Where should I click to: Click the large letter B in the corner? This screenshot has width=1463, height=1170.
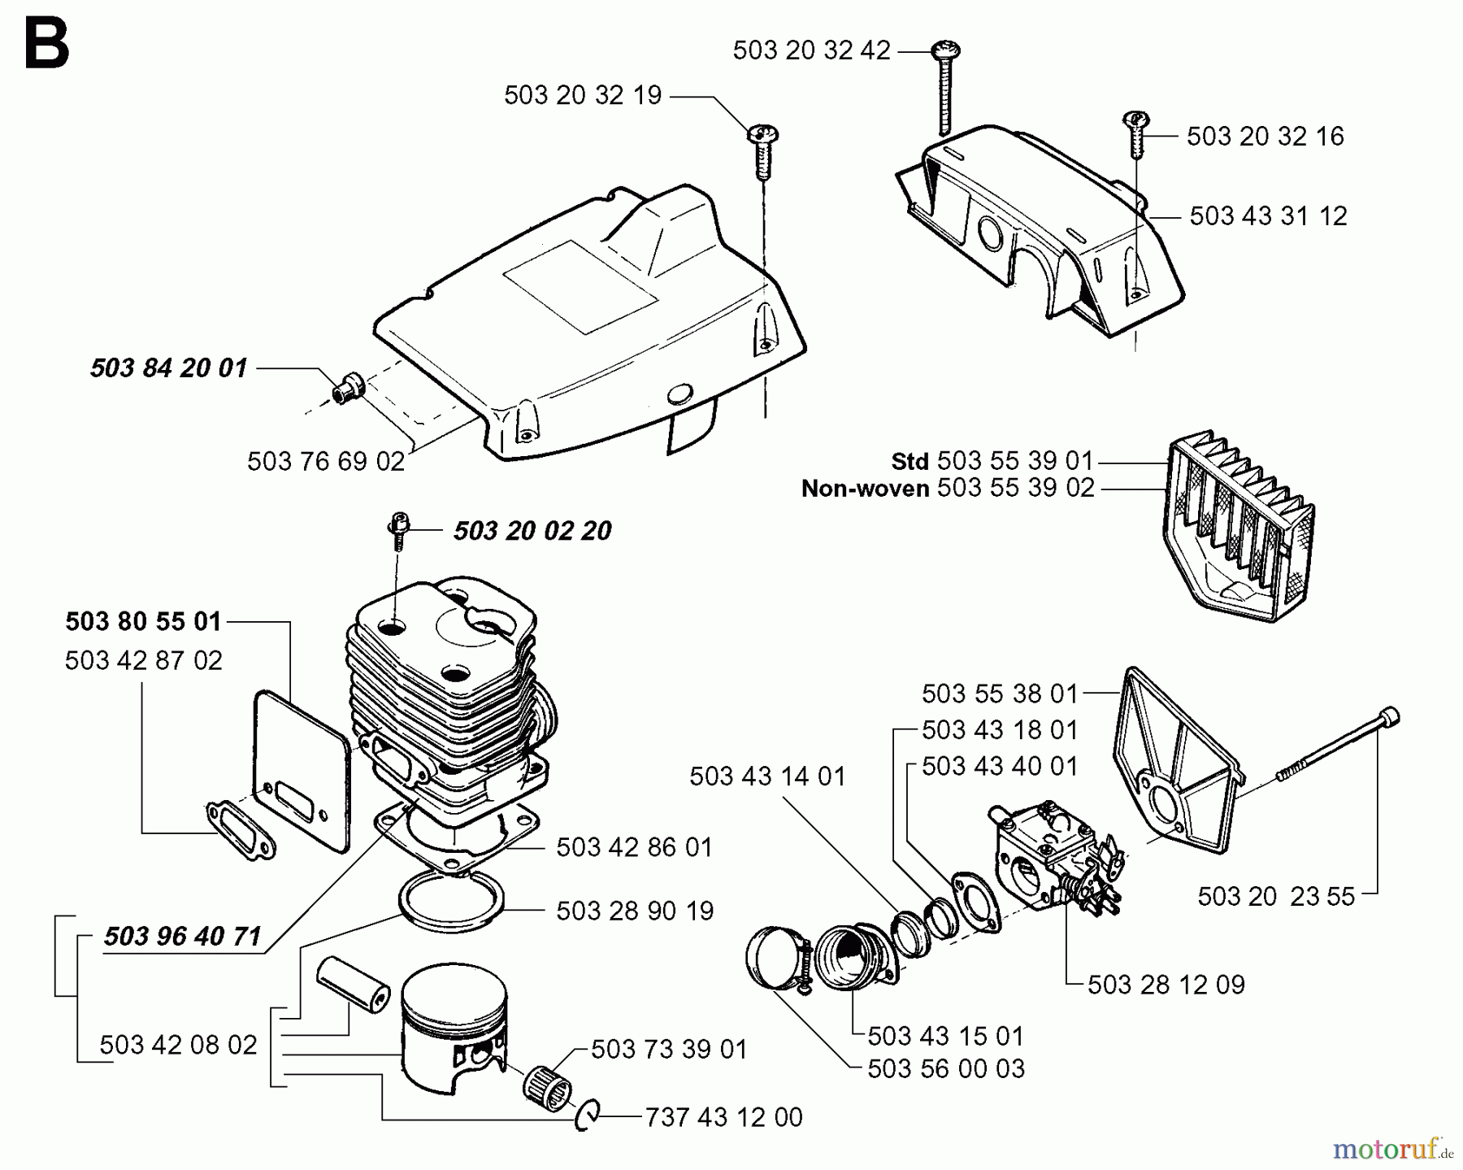(46, 46)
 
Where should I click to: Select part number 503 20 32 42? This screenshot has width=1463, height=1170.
(811, 50)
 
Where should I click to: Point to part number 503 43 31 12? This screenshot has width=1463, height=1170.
(1268, 216)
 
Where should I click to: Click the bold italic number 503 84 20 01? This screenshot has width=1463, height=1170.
(168, 368)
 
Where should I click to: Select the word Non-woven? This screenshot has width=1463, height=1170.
(865, 489)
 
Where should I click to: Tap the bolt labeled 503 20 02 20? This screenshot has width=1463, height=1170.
(398, 530)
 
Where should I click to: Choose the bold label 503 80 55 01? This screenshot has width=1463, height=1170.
(143, 622)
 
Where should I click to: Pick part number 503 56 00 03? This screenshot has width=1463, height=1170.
(945, 1068)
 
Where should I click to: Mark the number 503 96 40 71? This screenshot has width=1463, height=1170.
(183, 937)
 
